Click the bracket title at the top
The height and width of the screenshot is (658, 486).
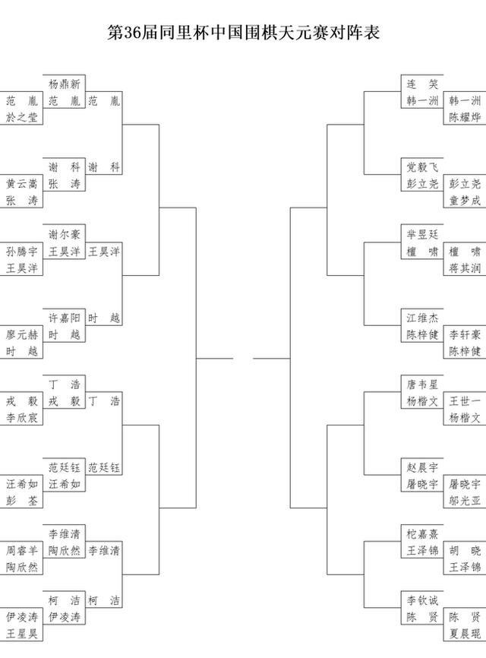(243, 33)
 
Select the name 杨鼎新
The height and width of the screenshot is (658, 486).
(64, 84)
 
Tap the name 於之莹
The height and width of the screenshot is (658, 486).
(22, 117)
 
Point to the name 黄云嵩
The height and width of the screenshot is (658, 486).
(22, 184)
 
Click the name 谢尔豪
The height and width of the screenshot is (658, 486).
(64, 234)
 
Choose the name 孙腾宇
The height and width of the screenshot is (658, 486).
(22, 251)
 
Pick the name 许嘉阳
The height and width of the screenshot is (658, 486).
(64, 318)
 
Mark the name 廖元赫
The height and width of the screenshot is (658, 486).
(22, 335)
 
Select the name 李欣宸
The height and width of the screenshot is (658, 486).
(22, 418)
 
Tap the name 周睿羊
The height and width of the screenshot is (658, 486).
(22, 551)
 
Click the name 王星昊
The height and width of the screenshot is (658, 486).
(22, 634)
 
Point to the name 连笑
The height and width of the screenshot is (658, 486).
(422, 84)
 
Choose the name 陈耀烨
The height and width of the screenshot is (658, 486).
(465, 117)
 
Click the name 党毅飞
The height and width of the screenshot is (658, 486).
(422, 167)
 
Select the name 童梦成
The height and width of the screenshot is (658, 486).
(465, 201)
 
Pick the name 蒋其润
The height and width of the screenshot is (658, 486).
(465, 268)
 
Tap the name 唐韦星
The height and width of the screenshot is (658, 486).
(422, 384)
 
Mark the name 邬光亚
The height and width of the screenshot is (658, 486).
(465, 501)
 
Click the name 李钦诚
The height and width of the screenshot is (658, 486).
(422, 600)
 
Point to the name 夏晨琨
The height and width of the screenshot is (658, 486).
(465, 634)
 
